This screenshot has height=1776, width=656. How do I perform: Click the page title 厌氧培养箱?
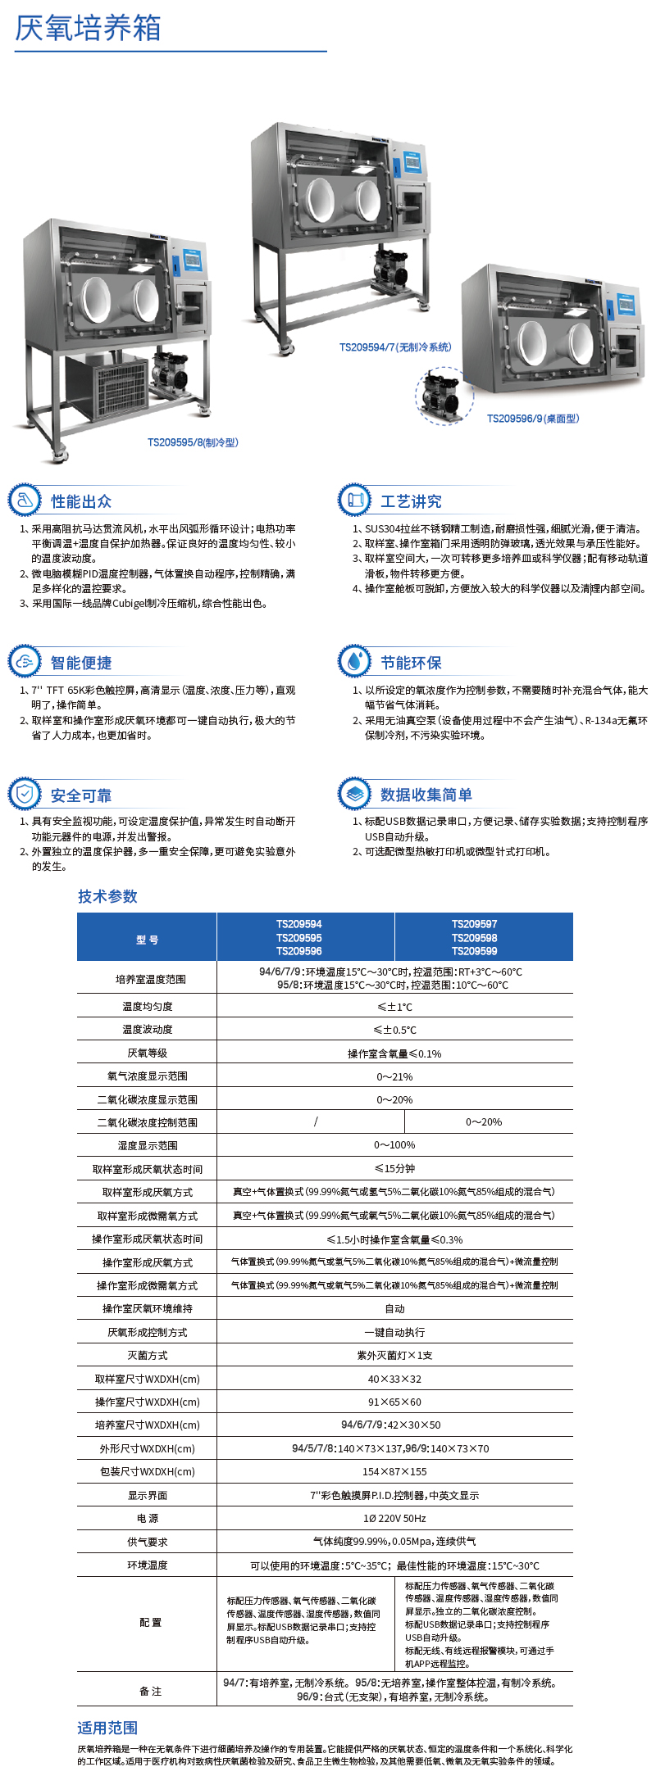tap(88, 28)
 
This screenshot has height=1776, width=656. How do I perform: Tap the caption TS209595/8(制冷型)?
tap(193, 442)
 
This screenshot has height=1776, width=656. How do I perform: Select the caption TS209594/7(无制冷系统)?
tap(395, 347)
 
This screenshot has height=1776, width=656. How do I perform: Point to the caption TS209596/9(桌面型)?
tap(533, 419)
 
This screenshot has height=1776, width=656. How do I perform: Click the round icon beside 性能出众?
tap(25, 501)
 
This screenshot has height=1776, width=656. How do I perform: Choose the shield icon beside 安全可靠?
tap(25, 794)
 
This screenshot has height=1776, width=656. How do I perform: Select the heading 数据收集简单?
tap(426, 795)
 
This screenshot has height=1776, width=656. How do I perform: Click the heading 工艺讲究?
tap(411, 501)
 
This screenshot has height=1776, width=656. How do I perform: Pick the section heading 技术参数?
tap(107, 896)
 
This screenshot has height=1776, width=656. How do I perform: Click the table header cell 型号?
tap(148, 940)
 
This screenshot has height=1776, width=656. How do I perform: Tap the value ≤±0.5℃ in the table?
tap(394, 1030)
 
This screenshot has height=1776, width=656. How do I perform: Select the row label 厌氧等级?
tap(148, 1053)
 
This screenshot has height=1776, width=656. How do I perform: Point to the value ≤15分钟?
tap(394, 1169)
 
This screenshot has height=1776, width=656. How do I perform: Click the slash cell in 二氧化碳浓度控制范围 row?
tap(316, 1121)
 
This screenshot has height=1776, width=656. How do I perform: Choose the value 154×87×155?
tap(394, 1472)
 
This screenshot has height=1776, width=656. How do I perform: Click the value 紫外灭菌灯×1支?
tap(394, 1356)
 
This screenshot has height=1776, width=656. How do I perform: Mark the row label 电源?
tap(148, 1519)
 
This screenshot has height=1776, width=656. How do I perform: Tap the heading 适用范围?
tap(107, 1728)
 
